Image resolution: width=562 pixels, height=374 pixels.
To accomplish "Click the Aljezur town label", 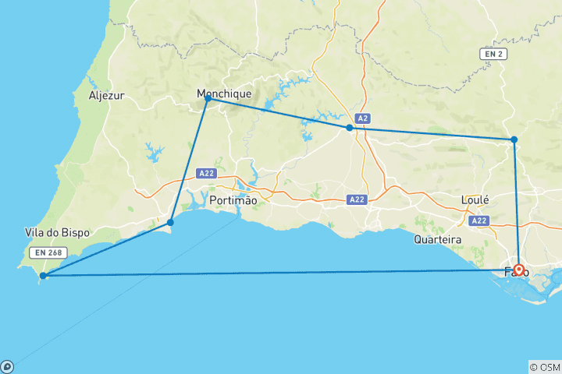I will coord(107,96).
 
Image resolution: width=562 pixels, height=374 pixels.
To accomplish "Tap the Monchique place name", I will coord(224,93).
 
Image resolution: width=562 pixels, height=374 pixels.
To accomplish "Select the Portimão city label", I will coord(233,200).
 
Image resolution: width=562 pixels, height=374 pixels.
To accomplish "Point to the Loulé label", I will coord(475,199).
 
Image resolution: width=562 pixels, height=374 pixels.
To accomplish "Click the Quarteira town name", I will coord(438,239).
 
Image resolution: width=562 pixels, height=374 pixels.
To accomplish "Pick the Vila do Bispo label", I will coord(58,233).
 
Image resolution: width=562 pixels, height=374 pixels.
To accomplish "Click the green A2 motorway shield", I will coord(361,118).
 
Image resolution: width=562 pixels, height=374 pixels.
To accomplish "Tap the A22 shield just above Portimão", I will coord(206,174).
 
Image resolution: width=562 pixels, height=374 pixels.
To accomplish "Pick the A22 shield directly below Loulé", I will coord(479,221).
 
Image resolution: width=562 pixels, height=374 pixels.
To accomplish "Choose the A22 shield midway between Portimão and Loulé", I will coord(357,200).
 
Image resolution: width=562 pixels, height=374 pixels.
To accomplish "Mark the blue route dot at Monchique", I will coord(208,98).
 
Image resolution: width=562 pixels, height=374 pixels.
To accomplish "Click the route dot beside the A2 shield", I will coord(349,127).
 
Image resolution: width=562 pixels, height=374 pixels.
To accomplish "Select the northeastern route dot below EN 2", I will coord(514,139).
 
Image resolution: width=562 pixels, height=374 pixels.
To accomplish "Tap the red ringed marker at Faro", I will coord(518,270).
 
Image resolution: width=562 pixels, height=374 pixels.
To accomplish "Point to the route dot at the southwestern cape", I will coord(44,275).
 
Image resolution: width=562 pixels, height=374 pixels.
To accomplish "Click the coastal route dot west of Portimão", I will coord(170,223).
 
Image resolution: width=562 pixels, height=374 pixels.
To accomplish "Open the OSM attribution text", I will coord(544,367).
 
